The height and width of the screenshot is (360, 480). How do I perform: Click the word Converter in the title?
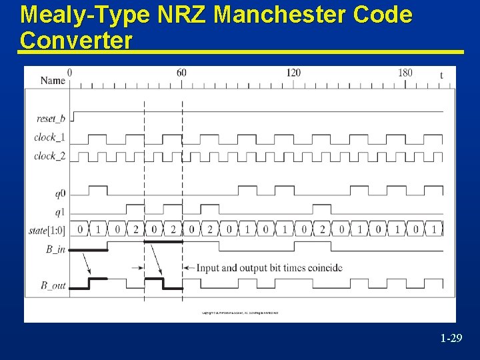[76, 40]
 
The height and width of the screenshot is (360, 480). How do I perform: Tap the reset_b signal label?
[51, 119]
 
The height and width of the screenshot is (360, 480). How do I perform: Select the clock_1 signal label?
[50, 138]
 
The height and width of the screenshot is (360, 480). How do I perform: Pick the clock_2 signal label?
[50, 157]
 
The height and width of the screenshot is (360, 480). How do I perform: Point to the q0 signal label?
[60, 194]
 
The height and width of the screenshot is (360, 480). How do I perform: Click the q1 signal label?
[60, 213]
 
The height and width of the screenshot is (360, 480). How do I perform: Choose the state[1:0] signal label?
[47, 230]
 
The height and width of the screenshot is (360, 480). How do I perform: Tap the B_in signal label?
[53, 250]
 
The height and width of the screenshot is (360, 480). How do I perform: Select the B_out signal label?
[53, 286]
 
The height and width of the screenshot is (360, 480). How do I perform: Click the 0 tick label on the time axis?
[70, 73]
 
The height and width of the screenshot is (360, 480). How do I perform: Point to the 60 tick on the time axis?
[181, 73]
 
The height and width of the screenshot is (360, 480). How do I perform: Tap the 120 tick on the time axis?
[293, 73]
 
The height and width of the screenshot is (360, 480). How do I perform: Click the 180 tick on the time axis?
[405, 73]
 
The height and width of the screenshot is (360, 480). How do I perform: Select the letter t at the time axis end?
[441, 75]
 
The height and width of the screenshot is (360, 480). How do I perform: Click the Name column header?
[53, 81]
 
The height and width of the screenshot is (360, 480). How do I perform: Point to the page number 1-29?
[451, 339]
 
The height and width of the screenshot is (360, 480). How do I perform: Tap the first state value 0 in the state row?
[80, 230]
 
